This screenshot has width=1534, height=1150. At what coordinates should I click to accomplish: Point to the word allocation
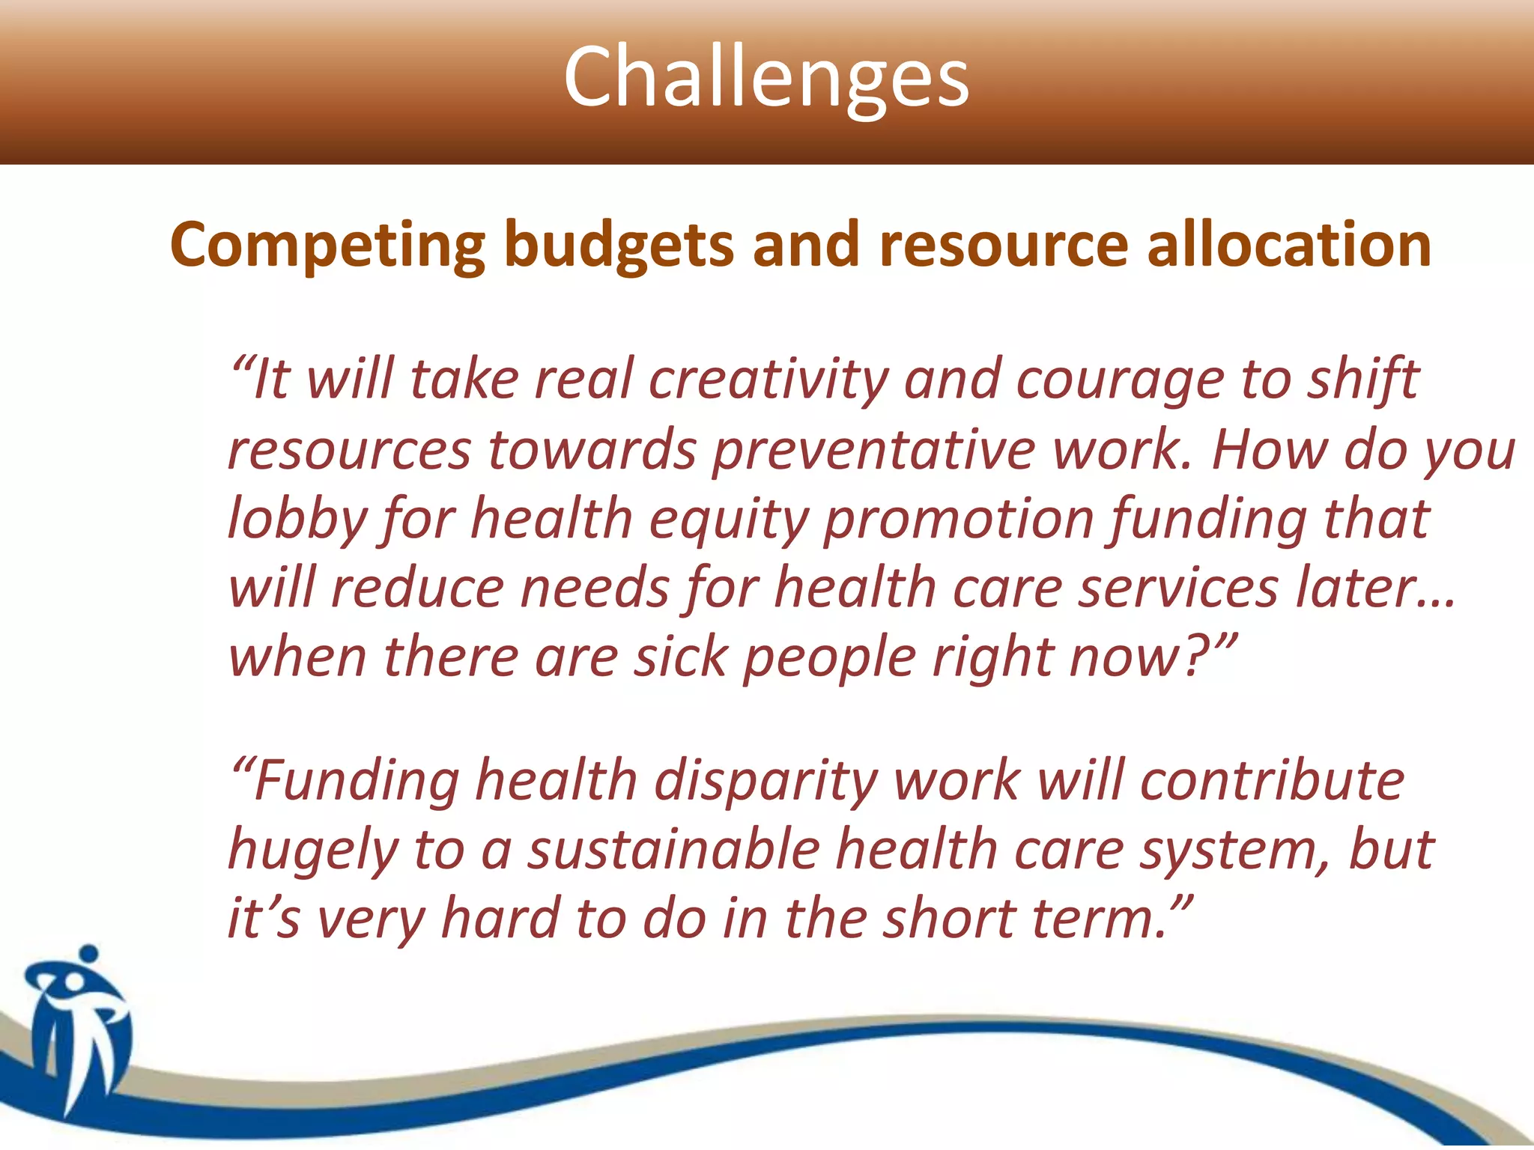pos(1289,246)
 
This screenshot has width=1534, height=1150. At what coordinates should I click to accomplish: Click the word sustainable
pos(673,851)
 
